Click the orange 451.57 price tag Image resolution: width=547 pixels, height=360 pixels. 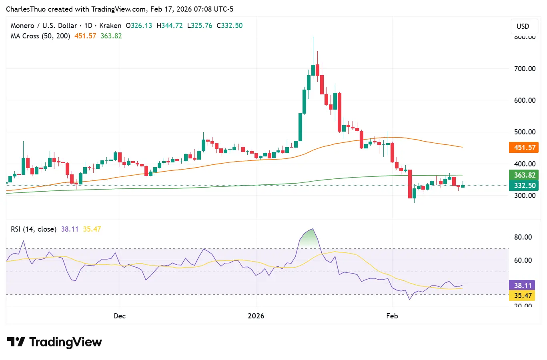524,148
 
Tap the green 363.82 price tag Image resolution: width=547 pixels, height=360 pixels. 524,175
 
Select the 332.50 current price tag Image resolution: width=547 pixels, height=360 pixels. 524,186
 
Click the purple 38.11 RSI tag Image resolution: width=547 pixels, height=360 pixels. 522,286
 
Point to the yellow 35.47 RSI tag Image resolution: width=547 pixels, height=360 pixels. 522,296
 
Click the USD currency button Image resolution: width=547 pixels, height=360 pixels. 523,26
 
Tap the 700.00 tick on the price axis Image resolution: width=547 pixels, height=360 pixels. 525,69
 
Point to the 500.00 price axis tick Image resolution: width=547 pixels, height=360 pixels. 525,132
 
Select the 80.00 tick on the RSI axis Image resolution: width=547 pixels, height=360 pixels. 523,237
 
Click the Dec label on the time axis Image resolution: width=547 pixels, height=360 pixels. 120,316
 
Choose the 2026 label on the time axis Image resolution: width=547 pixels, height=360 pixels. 256,316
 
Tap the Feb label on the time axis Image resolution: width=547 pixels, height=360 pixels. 392,316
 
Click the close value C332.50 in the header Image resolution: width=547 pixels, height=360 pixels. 230,26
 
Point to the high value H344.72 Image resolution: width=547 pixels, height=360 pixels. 170,26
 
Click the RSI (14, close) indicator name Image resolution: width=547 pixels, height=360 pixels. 34,229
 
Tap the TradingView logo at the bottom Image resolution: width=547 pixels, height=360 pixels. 54,342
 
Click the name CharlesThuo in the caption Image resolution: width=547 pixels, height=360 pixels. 26,9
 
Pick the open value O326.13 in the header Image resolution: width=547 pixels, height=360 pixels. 139,26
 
